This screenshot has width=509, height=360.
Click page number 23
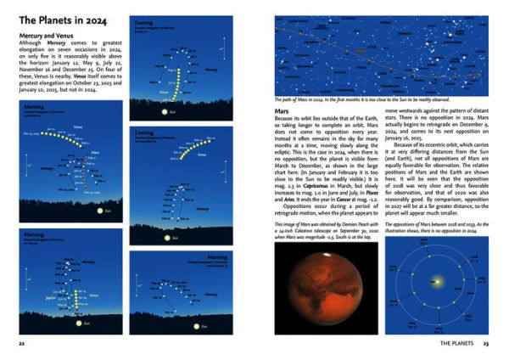tap(486, 343)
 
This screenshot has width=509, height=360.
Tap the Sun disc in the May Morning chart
tap(85, 323)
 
